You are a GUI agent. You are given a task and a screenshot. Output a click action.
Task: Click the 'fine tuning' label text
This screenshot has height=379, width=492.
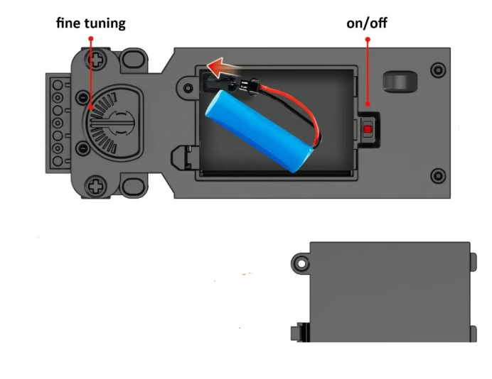click(91, 23)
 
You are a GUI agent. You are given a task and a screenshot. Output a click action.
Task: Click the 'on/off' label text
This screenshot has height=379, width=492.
click(367, 23)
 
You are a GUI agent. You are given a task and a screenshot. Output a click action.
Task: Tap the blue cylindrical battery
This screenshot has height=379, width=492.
click(259, 131)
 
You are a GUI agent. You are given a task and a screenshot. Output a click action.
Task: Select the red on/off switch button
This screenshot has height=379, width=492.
click(368, 129)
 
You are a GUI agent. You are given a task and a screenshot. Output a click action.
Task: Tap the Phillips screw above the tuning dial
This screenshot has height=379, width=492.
click(97, 59)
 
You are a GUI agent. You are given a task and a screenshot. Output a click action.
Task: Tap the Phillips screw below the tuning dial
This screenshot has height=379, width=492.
click(97, 186)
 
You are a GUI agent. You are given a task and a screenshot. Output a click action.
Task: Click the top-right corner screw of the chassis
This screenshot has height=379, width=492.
click(438, 70)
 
